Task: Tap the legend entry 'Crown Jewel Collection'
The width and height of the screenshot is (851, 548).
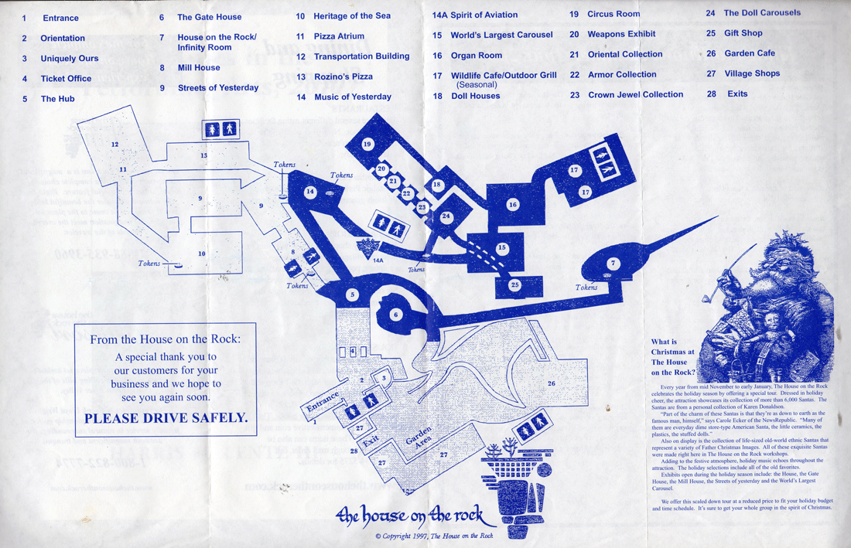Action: [x=635, y=94]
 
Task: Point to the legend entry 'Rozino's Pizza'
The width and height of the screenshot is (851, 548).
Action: [x=343, y=77]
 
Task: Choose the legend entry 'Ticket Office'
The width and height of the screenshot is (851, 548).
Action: [x=66, y=79]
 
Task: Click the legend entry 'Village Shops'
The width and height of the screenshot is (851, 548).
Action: [x=752, y=73]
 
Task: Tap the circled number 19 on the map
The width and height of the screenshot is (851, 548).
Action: [x=367, y=144]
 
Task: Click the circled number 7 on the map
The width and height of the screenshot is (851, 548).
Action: [x=613, y=264]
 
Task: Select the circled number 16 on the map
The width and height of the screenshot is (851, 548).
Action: [x=512, y=205]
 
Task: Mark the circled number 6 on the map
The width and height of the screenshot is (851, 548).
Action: [x=395, y=315]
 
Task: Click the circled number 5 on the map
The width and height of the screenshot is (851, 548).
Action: [x=353, y=294]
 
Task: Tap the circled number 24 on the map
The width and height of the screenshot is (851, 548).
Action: [x=446, y=217]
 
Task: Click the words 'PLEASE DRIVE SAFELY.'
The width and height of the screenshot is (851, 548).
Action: [x=166, y=418]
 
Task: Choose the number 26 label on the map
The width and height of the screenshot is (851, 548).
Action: [x=552, y=383]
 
